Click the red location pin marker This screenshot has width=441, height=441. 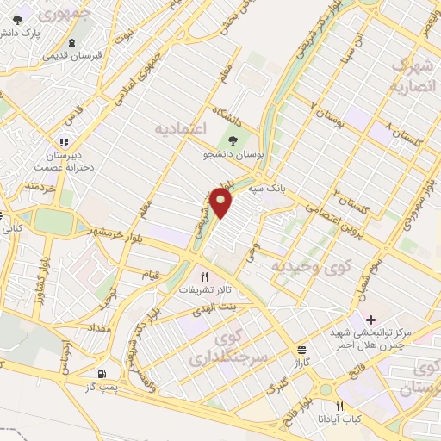[222, 203]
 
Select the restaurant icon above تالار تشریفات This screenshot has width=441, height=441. [203, 276]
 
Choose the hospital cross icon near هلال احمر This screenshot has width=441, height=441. [370, 320]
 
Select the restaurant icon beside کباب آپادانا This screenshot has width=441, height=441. [340, 406]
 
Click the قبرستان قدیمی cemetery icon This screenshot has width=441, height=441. [71, 42]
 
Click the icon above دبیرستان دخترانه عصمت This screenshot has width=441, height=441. [63, 142]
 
